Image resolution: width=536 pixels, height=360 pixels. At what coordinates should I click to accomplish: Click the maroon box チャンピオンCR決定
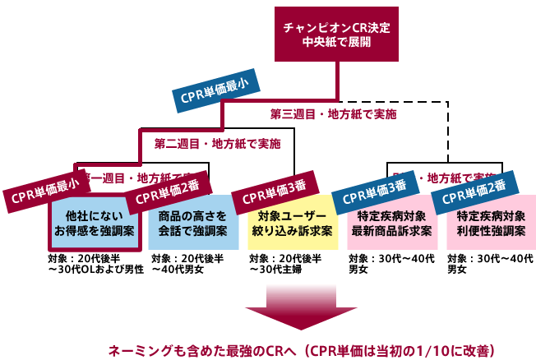click(x=336, y=34)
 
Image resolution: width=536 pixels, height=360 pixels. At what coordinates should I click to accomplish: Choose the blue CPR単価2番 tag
click(x=474, y=191)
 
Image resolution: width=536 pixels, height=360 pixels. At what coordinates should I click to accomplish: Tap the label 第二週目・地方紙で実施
click(x=217, y=143)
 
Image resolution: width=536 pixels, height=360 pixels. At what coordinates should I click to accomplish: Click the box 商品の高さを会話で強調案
click(x=192, y=224)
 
